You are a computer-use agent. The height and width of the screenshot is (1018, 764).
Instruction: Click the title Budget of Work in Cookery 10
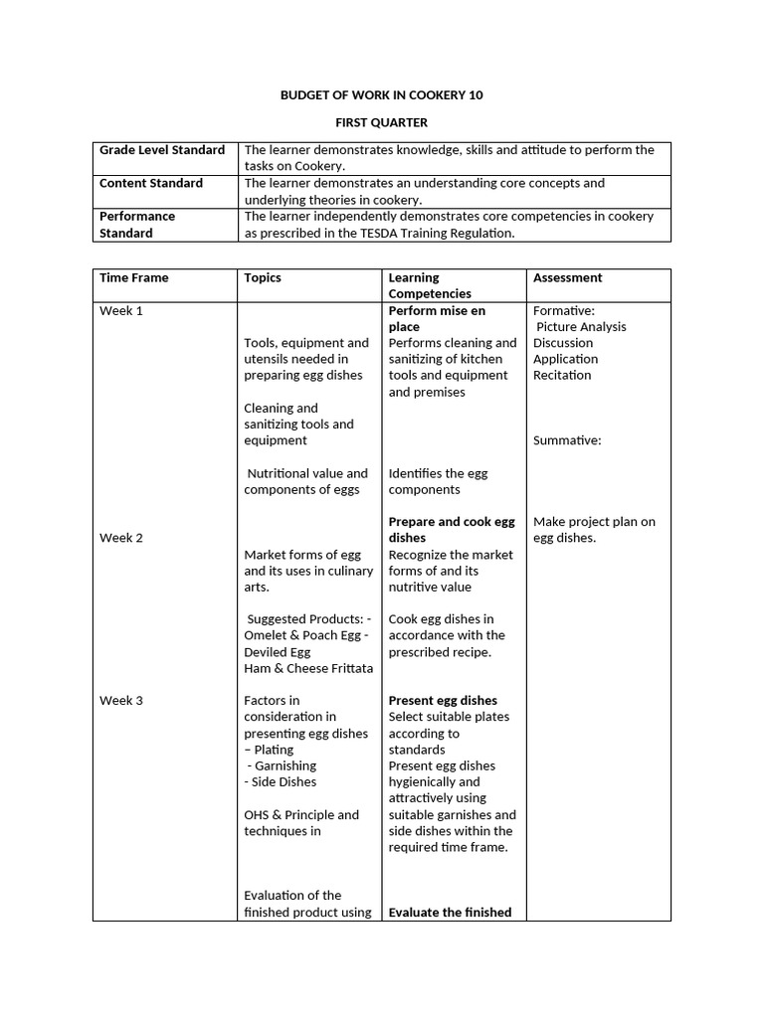[382, 95]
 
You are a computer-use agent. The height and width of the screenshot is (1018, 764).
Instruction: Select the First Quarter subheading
[382, 123]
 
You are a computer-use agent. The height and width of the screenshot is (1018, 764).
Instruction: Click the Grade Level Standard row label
[162, 150]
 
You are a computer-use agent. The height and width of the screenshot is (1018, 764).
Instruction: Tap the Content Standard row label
[151, 183]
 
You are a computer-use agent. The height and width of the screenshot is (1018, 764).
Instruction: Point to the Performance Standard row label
[137, 224]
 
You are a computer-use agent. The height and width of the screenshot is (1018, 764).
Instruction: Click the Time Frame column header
[134, 277]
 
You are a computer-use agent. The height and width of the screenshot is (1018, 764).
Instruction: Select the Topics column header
[263, 277]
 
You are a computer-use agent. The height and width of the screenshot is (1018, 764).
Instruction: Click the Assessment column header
[567, 277]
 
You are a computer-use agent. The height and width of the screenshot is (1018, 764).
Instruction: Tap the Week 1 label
[121, 310]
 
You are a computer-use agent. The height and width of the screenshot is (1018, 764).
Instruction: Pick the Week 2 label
[121, 538]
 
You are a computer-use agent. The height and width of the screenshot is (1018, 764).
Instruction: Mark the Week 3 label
[121, 700]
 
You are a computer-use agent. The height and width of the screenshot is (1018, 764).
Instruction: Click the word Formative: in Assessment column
[564, 310]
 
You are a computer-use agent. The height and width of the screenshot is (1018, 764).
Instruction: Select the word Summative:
[567, 440]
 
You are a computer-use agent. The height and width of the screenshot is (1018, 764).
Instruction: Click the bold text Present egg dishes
[443, 700]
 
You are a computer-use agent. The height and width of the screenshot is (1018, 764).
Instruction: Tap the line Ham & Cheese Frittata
[308, 668]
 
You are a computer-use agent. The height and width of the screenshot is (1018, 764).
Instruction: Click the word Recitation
[562, 375]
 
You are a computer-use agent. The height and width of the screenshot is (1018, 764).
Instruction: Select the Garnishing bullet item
[285, 765]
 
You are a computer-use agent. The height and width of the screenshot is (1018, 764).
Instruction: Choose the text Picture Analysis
[582, 326]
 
